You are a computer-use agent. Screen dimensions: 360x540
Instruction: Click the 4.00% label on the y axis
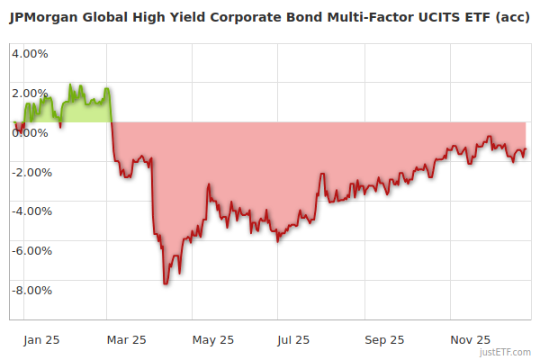click(30, 53)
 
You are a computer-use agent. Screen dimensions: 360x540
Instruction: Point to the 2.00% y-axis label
click(30, 93)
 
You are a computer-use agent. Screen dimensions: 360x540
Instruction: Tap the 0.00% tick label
click(30, 132)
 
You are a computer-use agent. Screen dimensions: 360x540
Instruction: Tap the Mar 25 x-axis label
click(126, 339)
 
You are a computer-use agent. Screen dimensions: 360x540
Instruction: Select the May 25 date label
click(213, 339)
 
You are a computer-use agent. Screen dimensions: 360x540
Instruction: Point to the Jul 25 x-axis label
click(293, 339)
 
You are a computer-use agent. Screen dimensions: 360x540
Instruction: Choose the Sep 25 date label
click(384, 339)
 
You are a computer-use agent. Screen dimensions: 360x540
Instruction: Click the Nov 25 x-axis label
click(470, 339)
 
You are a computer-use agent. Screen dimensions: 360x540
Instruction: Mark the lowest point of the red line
click(165, 283)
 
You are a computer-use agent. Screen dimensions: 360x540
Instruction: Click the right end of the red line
click(526, 149)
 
